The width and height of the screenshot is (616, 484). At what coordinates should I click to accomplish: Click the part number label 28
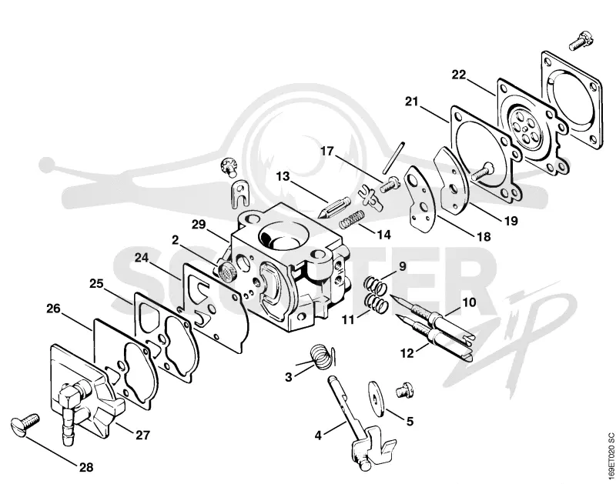point(86,467)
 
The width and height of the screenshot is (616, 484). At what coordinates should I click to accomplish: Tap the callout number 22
point(458,75)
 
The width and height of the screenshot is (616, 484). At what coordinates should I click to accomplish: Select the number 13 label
point(283,176)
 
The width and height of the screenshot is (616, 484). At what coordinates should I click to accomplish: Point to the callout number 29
point(199,225)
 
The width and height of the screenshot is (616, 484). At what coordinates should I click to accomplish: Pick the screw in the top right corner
point(581,42)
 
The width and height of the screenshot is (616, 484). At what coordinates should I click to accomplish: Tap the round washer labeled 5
point(377,399)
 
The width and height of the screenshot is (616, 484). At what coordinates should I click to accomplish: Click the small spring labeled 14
point(351,219)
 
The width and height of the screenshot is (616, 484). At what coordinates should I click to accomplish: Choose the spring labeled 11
point(377,304)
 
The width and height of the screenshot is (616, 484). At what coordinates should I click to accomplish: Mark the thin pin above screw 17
point(393,157)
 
